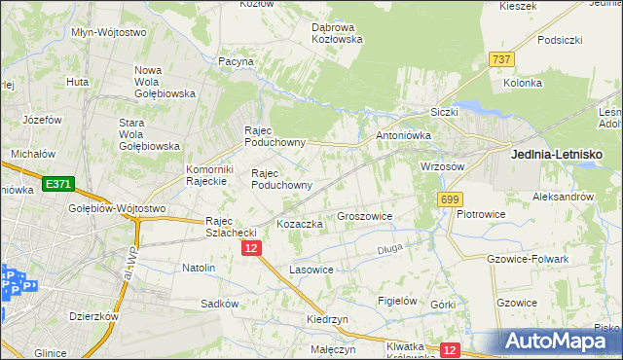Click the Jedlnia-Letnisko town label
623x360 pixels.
(557, 155)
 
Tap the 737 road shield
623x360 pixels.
(502, 59)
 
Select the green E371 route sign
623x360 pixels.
(57, 183)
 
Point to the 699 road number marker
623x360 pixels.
(449, 199)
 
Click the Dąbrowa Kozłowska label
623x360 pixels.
(337, 33)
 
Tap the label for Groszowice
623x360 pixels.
(364, 217)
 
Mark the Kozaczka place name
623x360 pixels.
(300, 224)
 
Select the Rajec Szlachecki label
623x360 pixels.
(230, 226)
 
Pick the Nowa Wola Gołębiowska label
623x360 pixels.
(165, 82)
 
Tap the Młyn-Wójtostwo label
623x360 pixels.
(109, 32)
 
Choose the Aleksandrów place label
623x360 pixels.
(563, 197)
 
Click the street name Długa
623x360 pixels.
(389, 250)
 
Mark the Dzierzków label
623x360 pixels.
(93, 316)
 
